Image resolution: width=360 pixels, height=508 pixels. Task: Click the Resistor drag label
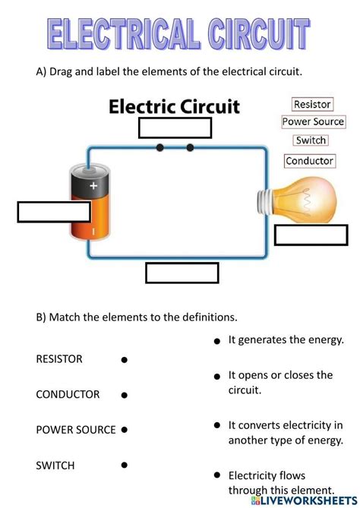coord(313,104)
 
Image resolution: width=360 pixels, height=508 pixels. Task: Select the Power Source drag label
coord(313,121)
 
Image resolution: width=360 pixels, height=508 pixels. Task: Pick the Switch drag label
coord(311,140)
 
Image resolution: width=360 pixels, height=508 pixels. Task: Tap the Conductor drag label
coord(309,160)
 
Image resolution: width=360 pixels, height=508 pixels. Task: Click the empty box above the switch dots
coord(175,128)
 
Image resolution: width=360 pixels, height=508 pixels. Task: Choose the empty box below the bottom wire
coord(182,273)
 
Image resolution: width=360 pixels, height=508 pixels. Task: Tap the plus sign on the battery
coord(93,185)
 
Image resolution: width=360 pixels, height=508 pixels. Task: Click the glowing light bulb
coord(299,196)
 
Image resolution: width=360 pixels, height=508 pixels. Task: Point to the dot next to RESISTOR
coord(124,360)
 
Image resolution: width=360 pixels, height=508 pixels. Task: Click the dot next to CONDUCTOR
coord(124,395)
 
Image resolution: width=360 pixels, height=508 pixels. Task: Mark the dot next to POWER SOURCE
coord(124,430)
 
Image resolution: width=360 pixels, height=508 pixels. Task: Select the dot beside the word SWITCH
coord(124,465)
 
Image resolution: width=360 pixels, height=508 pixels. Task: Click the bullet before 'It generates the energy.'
coord(217,342)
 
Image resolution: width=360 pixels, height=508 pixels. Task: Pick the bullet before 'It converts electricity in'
coord(217,425)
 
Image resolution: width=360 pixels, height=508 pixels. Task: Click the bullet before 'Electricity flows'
coord(217,475)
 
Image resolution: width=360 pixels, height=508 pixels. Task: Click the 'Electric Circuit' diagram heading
coord(175,106)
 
